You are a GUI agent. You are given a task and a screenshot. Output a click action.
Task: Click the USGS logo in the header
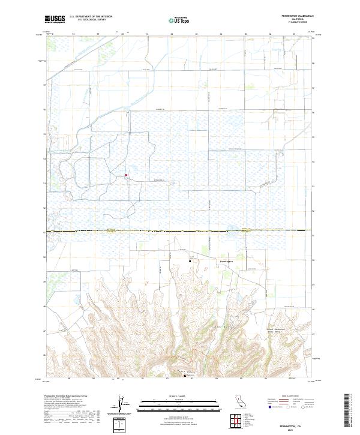[55, 19]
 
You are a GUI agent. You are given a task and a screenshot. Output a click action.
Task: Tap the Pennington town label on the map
[227, 262]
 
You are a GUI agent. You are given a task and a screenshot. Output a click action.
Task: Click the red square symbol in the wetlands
[126, 175]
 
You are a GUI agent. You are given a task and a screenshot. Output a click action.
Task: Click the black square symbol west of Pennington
[190, 261]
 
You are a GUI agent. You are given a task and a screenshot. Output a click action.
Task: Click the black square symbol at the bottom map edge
[185, 376]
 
